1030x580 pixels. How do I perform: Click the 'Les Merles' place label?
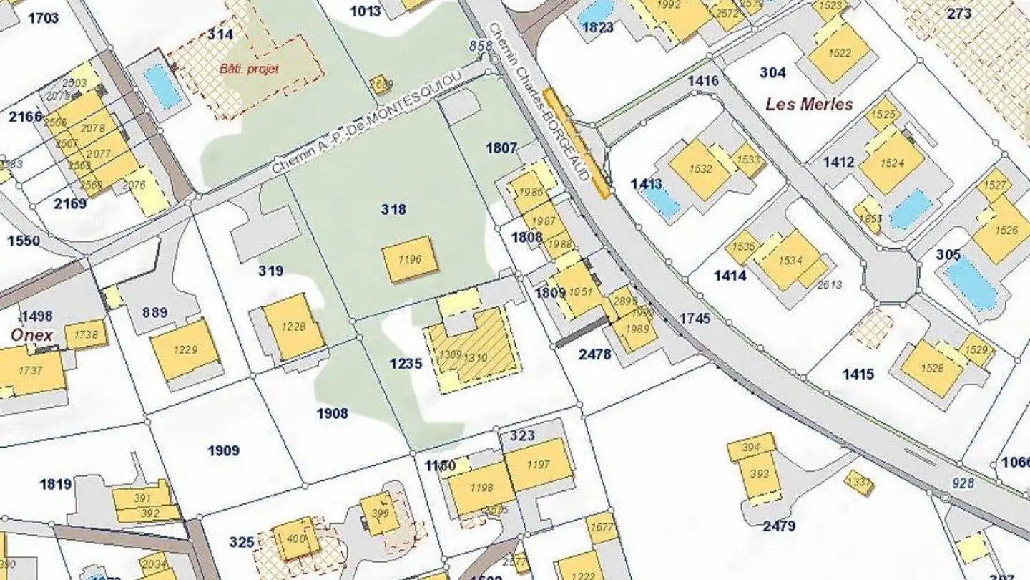tap(809, 104)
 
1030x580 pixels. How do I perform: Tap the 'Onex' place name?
tap(31, 335)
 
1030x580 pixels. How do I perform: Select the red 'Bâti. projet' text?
tap(249, 69)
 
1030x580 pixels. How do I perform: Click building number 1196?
tap(409, 260)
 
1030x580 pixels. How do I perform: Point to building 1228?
tap(293, 327)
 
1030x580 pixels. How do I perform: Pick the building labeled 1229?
tap(185, 349)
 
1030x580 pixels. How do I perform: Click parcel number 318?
tap(393, 209)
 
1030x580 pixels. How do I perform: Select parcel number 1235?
tap(406, 364)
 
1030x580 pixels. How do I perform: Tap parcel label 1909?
tap(224, 450)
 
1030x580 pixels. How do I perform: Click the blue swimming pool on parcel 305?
tap(970, 282)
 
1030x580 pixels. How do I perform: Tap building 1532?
tap(700, 169)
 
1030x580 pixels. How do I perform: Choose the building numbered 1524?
tap(892, 163)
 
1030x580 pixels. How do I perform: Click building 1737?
tap(30, 370)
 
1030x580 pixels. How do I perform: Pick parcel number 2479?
tap(779, 526)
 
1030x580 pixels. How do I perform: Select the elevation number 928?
tap(963, 483)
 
